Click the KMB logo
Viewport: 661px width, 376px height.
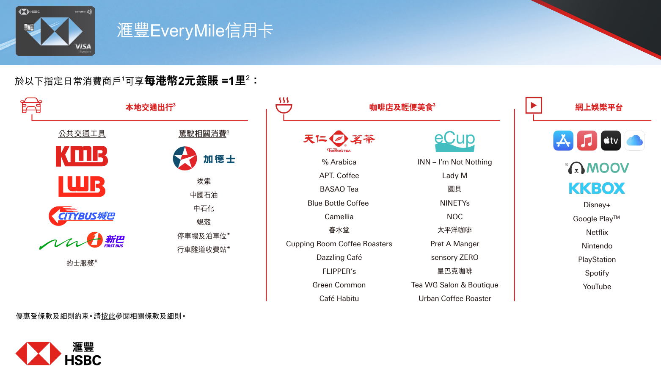point(82,156)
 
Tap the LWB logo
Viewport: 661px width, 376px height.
point(82,187)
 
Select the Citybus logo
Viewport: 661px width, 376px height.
point(82,216)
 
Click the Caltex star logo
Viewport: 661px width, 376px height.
point(185,159)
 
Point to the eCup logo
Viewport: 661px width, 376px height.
point(454,141)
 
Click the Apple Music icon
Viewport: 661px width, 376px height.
point(587,140)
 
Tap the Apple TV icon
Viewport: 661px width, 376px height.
point(611,140)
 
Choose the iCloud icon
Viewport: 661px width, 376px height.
point(634,140)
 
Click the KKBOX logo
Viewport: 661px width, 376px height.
point(597,188)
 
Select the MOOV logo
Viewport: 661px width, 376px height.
point(597,168)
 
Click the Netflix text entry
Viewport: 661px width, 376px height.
point(597,232)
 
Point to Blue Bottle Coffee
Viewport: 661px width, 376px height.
point(338,203)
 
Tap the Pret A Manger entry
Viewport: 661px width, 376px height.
point(455,244)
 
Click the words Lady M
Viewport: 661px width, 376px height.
point(455,175)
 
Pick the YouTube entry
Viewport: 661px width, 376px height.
point(597,287)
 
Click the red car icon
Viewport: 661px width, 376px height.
point(31,105)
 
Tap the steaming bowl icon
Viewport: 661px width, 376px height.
point(284,105)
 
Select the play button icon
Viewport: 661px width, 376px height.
point(534,105)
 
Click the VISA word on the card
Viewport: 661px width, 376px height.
point(83,46)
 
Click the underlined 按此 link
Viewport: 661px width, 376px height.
point(108,316)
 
